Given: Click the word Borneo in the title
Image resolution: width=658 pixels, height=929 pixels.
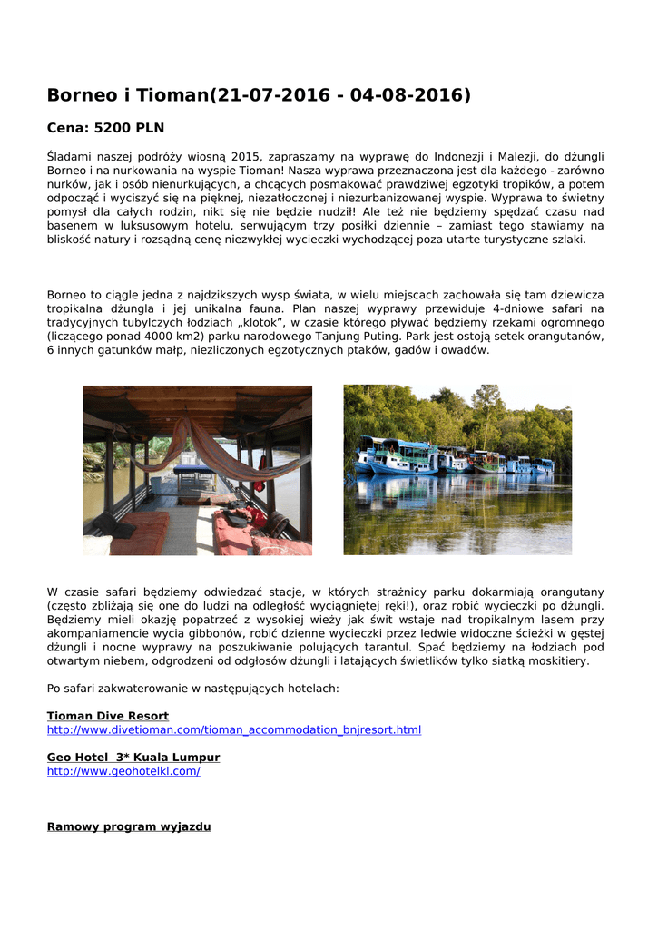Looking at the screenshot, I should (x=82, y=95).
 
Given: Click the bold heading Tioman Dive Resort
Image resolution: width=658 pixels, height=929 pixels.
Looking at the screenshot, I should (x=108, y=716).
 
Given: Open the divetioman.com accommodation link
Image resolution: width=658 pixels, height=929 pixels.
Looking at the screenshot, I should (x=233, y=729).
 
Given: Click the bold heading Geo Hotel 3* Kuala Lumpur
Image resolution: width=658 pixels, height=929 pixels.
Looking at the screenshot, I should (x=133, y=757).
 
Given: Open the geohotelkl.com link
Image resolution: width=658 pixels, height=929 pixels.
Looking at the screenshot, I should (x=123, y=770).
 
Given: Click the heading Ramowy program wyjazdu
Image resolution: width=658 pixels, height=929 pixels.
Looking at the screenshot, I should (x=129, y=826).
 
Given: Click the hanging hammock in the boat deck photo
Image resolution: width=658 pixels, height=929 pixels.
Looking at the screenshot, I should (x=218, y=454).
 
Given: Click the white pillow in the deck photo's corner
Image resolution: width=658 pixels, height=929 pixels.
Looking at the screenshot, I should (x=96, y=544).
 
